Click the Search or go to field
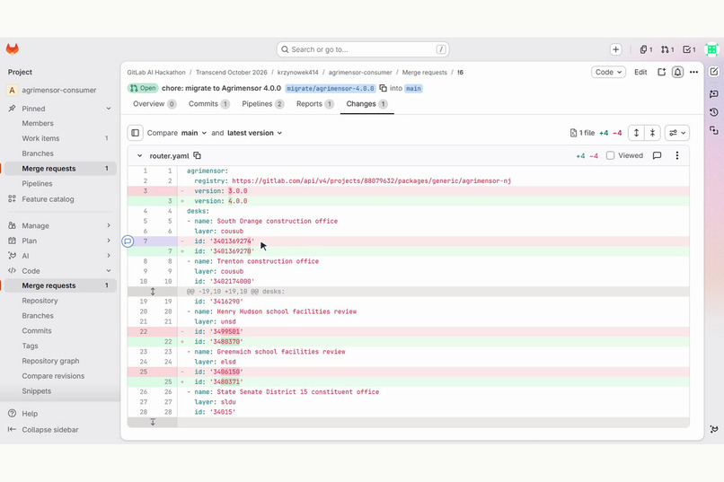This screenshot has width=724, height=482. point(363,49)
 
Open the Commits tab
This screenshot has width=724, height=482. point(208,104)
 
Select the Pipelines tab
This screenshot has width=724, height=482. point(262,104)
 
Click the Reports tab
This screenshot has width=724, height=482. point(314,104)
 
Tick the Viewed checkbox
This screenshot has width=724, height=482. point(611,155)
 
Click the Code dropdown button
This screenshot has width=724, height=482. point(608,72)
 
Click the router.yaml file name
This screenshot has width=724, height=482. point(170,156)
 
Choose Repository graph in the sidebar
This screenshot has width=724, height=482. point(51,361)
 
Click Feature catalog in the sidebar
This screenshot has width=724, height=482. point(48,199)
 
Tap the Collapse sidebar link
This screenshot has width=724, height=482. point(50,429)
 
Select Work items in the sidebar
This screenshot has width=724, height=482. point(40,138)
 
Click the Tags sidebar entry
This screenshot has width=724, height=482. point(30,346)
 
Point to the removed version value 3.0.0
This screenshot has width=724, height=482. point(238,191)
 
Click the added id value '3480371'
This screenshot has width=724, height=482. point(226,381)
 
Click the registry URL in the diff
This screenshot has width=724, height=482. point(371,180)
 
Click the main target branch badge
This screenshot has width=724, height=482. point(413,88)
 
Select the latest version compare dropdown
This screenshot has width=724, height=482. point(254,133)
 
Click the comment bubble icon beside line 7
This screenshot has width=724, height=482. point(128,241)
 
